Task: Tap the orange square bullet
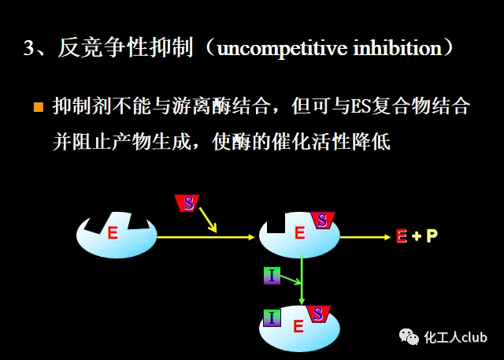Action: pyautogui.click(x=38, y=106)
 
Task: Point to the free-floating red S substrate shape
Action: pyautogui.click(x=188, y=203)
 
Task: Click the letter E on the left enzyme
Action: pyautogui.click(x=113, y=233)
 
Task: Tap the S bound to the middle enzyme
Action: pyautogui.click(x=322, y=221)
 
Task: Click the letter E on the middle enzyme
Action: pyautogui.click(x=299, y=233)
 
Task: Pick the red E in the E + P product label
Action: pyautogui.click(x=402, y=236)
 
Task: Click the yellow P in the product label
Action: pyautogui.click(x=432, y=236)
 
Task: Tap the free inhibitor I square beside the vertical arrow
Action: pyautogui.click(x=271, y=275)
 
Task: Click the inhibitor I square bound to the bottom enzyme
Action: pyautogui.click(x=272, y=317)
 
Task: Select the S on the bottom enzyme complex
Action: pyautogui.click(x=318, y=314)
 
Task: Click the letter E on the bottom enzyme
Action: pyautogui.click(x=298, y=327)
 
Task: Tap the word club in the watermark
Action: pyautogui.click(x=475, y=338)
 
